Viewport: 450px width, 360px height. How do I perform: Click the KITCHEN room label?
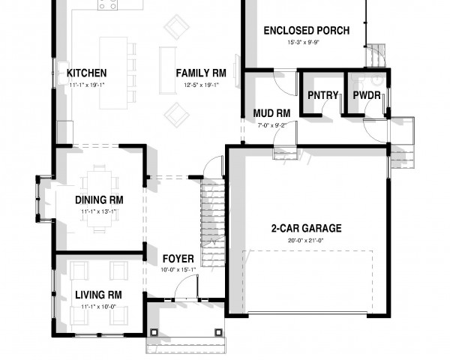[x=87, y=73]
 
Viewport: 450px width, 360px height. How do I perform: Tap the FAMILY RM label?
[x=201, y=73]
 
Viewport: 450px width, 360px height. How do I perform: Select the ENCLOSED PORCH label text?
[x=307, y=31]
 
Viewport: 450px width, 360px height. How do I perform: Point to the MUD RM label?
[x=271, y=113]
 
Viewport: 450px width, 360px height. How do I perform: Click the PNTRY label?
[x=322, y=95]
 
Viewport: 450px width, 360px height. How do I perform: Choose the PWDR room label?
[x=367, y=95]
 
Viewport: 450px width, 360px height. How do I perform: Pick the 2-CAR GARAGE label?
[x=306, y=229]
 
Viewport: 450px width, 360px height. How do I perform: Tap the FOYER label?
[x=178, y=259]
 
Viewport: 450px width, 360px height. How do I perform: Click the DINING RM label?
[x=99, y=200]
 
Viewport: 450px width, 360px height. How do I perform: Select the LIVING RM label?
[x=98, y=295]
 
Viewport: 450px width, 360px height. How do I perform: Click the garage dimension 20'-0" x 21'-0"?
[x=306, y=241]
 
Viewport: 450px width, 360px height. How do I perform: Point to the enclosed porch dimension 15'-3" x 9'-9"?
[x=304, y=43]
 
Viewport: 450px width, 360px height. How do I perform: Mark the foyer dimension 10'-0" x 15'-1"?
[x=178, y=270]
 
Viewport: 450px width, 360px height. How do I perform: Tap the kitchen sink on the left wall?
[x=64, y=73]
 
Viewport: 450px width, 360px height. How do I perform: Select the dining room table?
[x=99, y=199]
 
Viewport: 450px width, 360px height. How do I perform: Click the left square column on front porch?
[x=154, y=332]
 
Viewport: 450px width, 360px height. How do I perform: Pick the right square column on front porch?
[x=218, y=332]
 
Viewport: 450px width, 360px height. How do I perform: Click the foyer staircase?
[x=213, y=223]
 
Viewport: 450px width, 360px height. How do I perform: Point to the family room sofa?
[x=168, y=70]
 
